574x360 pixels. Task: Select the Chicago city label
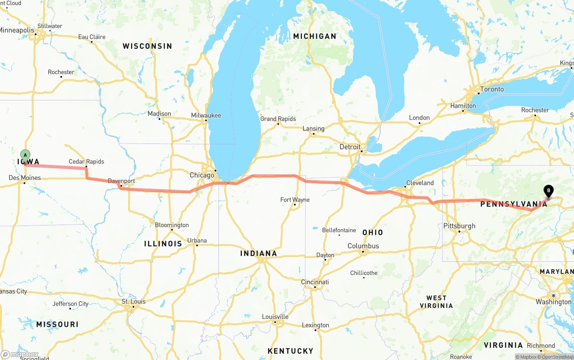pyautogui.click(x=202, y=175)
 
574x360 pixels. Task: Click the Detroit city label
pyautogui.click(x=350, y=147)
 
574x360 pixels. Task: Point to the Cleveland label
pyautogui.click(x=420, y=183)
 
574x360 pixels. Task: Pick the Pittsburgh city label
pyautogui.click(x=459, y=226)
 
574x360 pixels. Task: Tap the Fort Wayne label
pyautogui.click(x=295, y=200)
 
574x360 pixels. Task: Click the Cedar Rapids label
pyautogui.click(x=86, y=161)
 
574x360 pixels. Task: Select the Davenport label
pyautogui.click(x=121, y=181)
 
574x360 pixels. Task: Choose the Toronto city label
pyautogui.click(x=492, y=89)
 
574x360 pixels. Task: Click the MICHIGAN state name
pyautogui.click(x=314, y=36)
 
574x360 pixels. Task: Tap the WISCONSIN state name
pyautogui.click(x=147, y=46)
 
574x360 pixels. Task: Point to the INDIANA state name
pyautogui.click(x=258, y=253)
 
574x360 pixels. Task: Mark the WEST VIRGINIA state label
pyautogui.click(x=436, y=302)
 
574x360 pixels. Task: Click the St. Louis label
pyautogui.click(x=134, y=301)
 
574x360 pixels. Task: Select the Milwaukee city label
pyautogui.click(x=206, y=115)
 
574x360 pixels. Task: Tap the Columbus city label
pyautogui.click(x=363, y=246)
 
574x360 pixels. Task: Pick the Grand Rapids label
pyautogui.click(x=278, y=119)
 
